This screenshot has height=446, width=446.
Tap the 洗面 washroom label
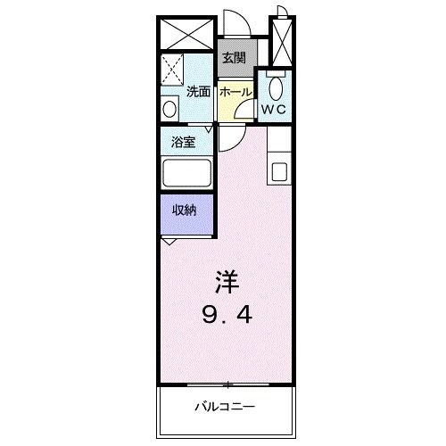click(x=198, y=91)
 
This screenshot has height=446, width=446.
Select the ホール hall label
click(x=235, y=91)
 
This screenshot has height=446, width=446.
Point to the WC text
click(x=274, y=111)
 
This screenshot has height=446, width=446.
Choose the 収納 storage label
click(x=185, y=211)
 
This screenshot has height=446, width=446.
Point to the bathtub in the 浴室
click(x=186, y=173)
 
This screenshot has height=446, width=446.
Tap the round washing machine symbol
click(x=169, y=109)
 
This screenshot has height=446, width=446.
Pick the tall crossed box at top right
click(x=282, y=43)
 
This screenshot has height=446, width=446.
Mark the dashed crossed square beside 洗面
click(x=172, y=69)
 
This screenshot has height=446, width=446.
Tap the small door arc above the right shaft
click(x=281, y=12)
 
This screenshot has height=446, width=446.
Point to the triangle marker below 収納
click(x=170, y=241)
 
